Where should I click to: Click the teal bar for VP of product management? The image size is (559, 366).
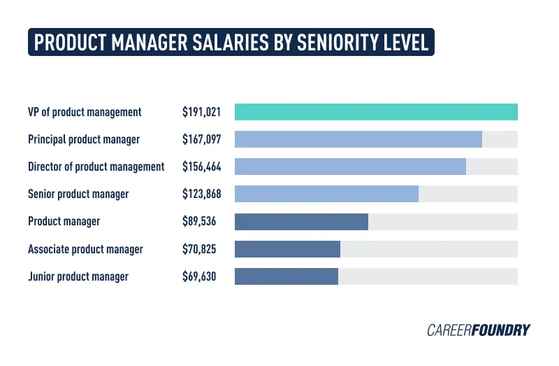pyautogui.click(x=376, y=112)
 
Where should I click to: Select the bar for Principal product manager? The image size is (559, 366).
pyautogui.click(x=358, y=139)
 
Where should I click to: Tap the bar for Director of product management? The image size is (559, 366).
pyautogui.click(x=350, y=167)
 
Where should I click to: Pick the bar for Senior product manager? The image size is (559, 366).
pyautogui.click(x=326, y=194)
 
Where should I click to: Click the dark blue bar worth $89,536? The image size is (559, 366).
pyautogui.click(x=301, y=221)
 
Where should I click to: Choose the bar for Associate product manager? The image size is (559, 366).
pyautogui.click(x=287, y=249)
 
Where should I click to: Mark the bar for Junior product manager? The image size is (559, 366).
pyautogui.click(x=286, y=276)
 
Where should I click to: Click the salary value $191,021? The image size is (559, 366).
pyautogui.click(x=201, y=112)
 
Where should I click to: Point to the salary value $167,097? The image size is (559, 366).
pyautogui.click(x=201, y=139)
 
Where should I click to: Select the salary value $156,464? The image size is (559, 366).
pyautogui.click(x=201, y=167)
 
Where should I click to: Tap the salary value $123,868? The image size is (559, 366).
pyautogui.click(x=201, y=194)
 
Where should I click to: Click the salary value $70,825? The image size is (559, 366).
pyautogui.click(x=199, y=249)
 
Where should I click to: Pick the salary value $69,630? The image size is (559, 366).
pyautogui.click(x=199, y=276)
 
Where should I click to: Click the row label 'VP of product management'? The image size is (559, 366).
pyautogui.click(x=85, y=112)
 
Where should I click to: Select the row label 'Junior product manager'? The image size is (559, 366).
pyautogui.click(x=78, y=276)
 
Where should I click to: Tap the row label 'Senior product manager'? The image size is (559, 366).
pyautogui.click(x=78, y=194)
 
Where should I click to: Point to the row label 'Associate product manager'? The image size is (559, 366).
pyautogui.click(x=85, y=249)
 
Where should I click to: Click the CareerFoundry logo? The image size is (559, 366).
pyautogui.click(x=479, y=330)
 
